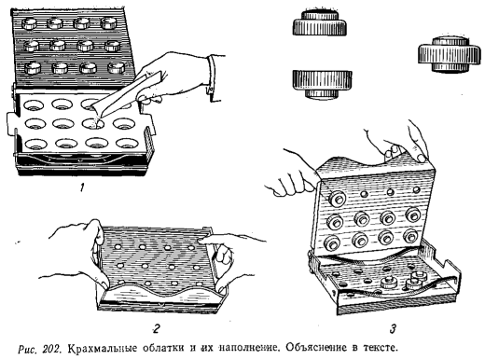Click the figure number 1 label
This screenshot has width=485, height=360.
coord(82,187)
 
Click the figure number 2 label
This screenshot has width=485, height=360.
coord(157,327)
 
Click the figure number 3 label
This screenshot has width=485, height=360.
coord(394,328)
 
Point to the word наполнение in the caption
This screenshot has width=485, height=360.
coord(249,347)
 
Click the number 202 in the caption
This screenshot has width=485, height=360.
coord(50,348)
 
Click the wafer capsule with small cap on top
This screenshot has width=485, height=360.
coord(320,22)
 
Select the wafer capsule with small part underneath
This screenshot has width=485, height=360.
coord(322,84)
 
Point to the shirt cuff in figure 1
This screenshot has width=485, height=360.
coord(214,77)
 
